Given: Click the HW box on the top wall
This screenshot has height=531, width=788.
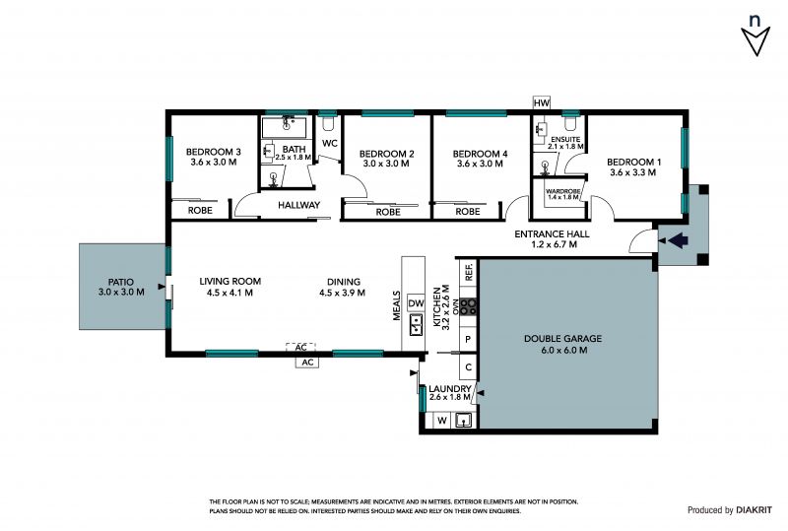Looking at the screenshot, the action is tap(541, 103).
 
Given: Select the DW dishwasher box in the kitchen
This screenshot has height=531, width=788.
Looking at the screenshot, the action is tap(416, 303).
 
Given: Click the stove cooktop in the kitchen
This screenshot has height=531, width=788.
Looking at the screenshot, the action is tap(469, 306).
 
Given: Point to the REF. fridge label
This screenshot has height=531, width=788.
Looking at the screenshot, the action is tap(469, 272).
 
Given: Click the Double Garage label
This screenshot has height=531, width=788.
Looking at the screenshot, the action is tap(563, 344).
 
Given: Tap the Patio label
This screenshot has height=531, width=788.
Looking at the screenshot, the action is tap(121, 287).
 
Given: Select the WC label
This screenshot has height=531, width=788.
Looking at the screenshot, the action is tap(330, 143).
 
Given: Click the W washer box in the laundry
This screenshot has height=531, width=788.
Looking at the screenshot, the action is tap(441, 421).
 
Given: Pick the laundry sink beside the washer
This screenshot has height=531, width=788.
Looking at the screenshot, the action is tap(463, 420).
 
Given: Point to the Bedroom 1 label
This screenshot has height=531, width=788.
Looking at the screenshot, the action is tap(633, 166).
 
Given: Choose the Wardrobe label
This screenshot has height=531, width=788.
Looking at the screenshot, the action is tap(562, 194).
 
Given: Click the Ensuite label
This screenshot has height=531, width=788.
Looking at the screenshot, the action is tap(565, 143).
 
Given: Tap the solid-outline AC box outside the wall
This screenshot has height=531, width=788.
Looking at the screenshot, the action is tap(307, 363).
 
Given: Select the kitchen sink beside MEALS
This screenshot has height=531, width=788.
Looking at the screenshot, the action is tap(416, 324).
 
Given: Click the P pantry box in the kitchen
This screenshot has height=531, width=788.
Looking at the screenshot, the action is tap(468, 340).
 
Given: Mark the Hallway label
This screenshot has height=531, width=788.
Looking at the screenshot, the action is tap(299, 205).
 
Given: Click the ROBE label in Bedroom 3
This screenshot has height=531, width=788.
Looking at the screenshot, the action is tap(200, 211).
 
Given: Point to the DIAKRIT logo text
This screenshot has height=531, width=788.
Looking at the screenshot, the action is tap(754, 510).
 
